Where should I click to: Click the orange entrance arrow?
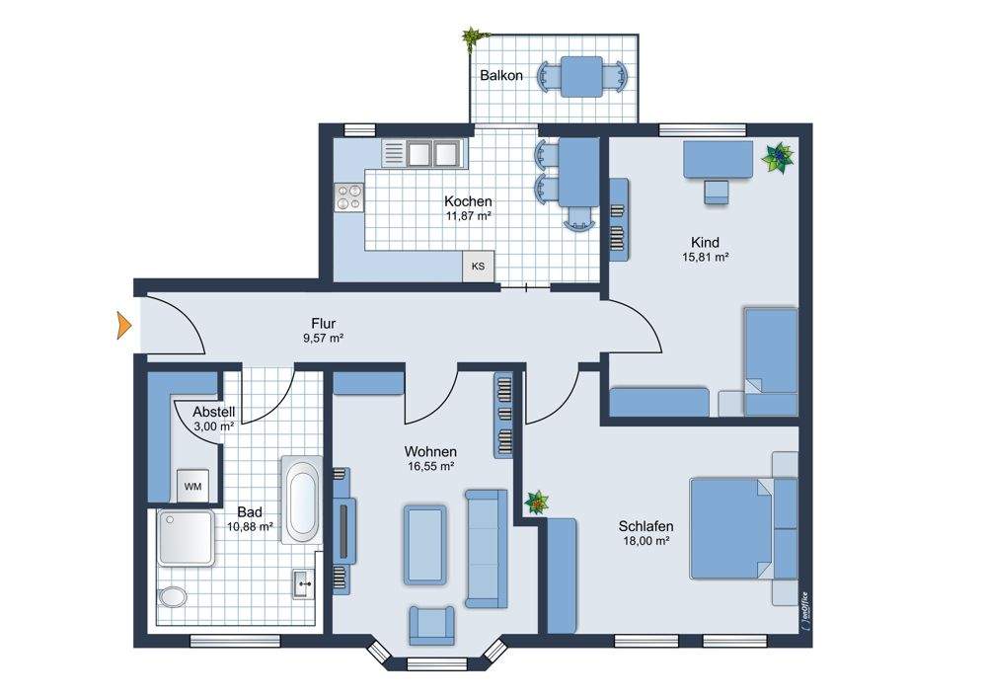coord(124,326)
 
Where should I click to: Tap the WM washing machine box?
coord(192,486)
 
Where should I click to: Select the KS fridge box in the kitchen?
coord(478,266)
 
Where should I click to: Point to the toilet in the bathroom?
coord(173,597)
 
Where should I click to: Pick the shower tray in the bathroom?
coord(186,537)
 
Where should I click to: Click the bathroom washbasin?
coord(304,583)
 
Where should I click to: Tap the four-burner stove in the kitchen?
coord(348,197)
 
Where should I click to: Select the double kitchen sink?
coord(432,153)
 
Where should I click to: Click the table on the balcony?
coord(581,77)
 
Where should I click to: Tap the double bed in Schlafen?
coord(743,527)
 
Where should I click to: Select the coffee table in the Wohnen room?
coord(424,544)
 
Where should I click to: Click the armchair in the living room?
coord(432,625)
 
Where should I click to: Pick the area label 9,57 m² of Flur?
coord(323,338)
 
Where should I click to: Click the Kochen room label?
coord(468,201)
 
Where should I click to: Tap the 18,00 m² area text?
coord(646,540)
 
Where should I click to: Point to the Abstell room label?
coord(214,412)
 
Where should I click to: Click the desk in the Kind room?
coord(719,159)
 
